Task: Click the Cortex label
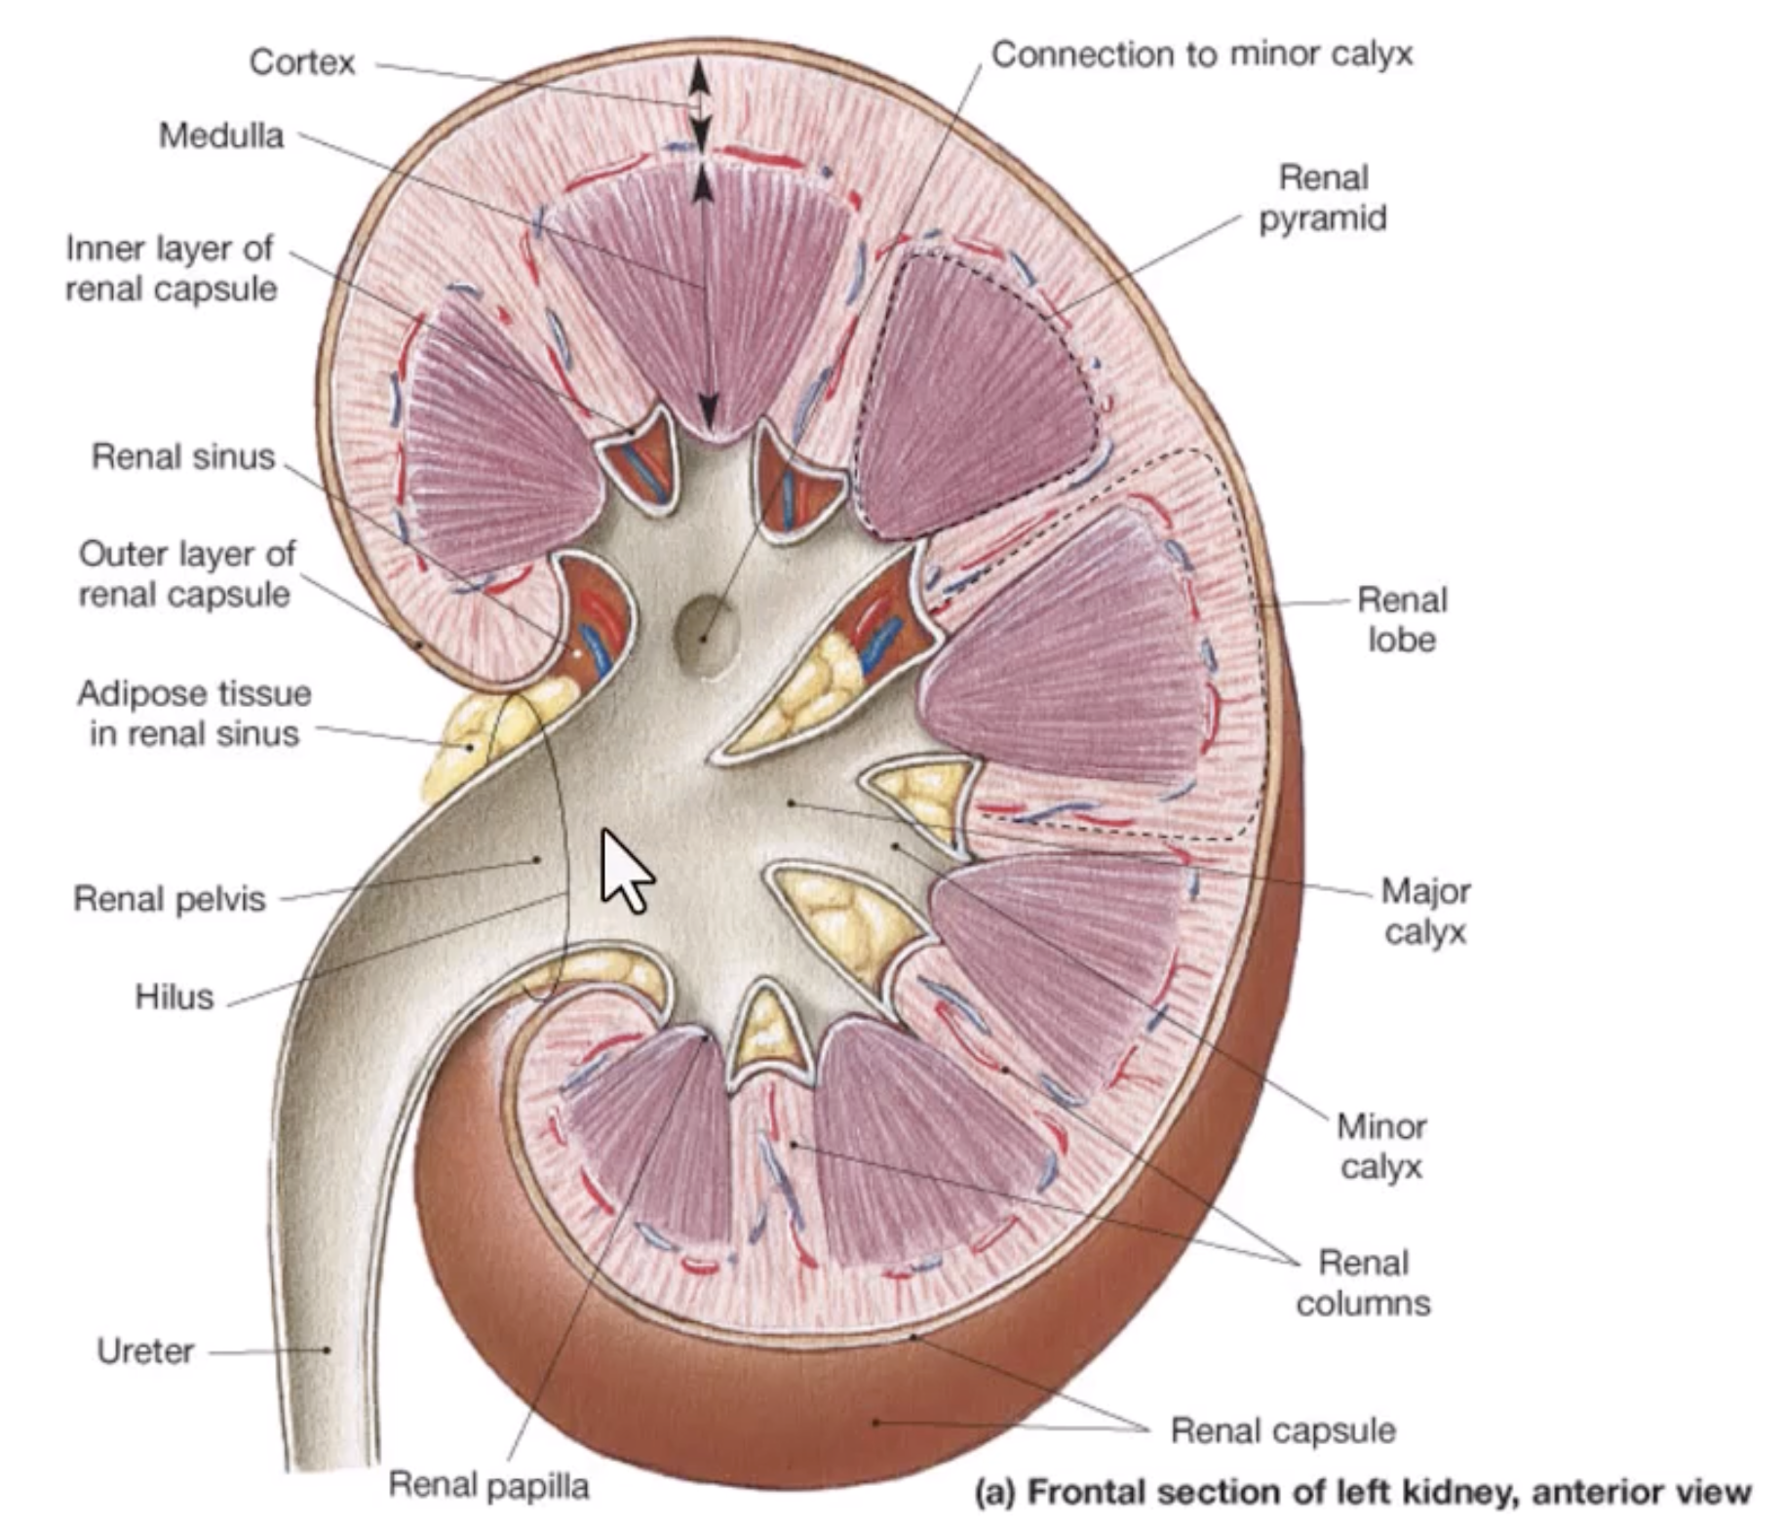point(302,62)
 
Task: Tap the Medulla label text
point(221,136)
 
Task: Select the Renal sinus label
point(183,456)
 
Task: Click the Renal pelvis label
point(170,898)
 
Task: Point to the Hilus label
point(174,997)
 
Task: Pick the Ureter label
point(145,1350)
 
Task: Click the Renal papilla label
point(488,1485)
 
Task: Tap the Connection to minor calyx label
point(1202,55)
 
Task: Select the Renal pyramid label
point(1323,198)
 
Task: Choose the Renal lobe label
point(1402,619)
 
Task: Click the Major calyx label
point(1425,911)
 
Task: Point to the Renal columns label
point(1363,1282)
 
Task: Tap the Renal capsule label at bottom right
point(1283,1430)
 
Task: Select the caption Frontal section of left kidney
point(1363,1491)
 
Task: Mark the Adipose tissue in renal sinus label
point(194,714)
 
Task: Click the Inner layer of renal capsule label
point(171,268)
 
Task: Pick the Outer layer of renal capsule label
point(185,573)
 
